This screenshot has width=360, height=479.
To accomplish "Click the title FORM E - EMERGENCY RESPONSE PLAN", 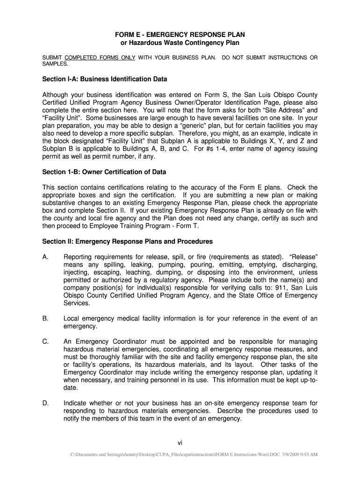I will [180, 35].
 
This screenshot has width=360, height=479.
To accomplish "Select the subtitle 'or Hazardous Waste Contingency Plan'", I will [180, 43].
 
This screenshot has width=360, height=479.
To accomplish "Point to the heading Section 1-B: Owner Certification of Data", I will [104, 172].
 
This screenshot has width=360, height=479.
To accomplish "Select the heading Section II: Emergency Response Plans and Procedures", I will [128, 242].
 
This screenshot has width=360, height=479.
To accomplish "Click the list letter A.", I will [45, 257].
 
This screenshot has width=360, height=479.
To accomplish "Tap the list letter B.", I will [45, 319].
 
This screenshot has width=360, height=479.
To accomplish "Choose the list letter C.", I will [45, 342].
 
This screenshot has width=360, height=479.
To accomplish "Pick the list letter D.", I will [45, 403].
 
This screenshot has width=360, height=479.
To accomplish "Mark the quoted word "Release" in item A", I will [304, 257].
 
